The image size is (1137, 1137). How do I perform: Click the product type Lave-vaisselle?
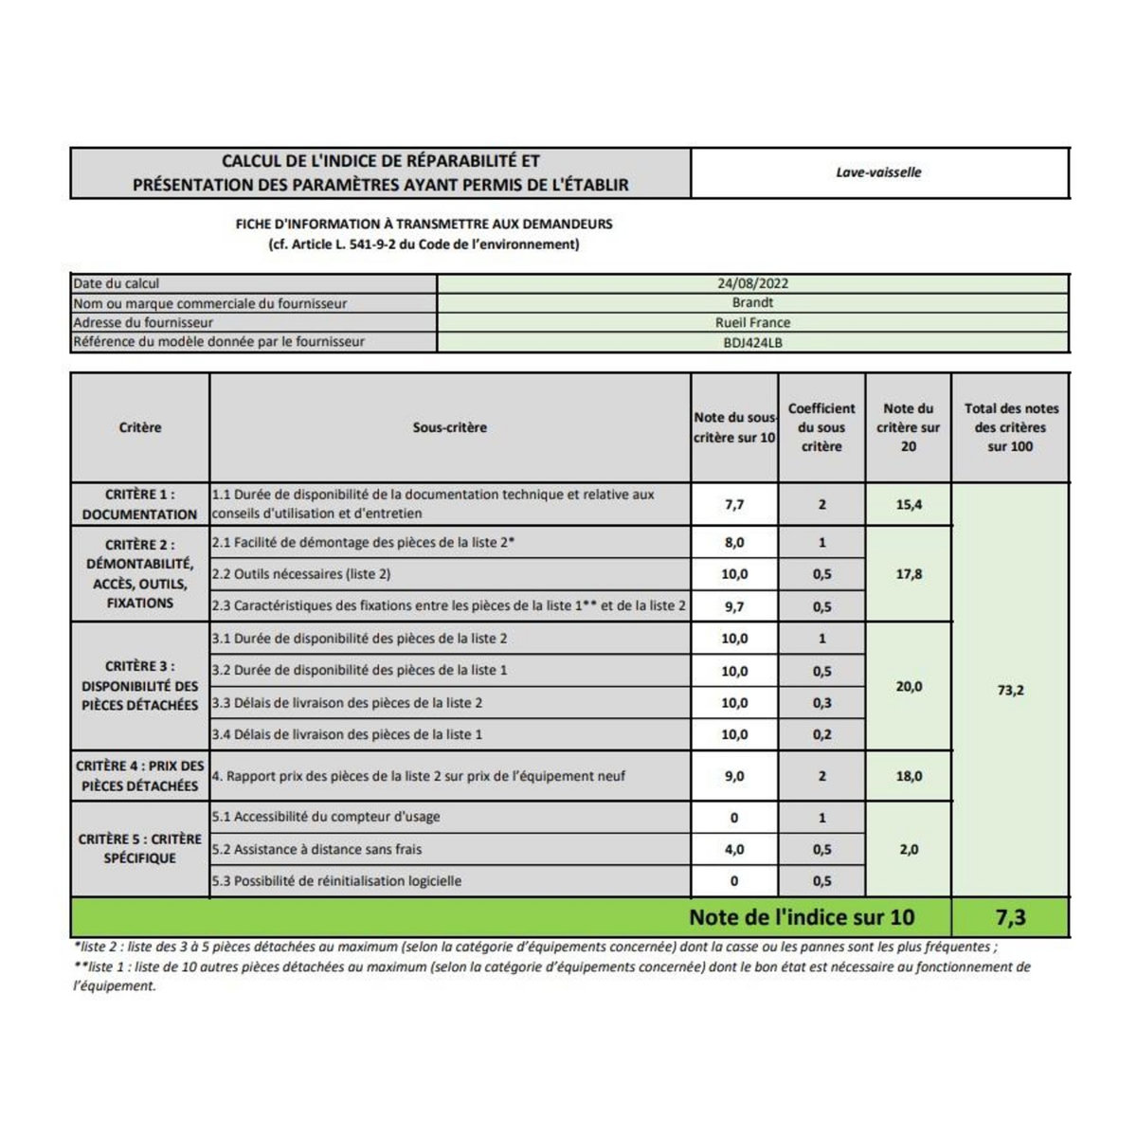(878, 172)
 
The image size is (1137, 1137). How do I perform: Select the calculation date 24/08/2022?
(752, 283)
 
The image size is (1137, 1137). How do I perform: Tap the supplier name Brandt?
(752, 303)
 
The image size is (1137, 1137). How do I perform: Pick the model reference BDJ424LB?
(752, 343)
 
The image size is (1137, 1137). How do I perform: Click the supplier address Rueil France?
(752, 323)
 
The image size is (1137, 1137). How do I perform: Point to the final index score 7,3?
(1010, 917)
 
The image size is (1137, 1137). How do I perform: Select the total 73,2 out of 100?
(1010, 691)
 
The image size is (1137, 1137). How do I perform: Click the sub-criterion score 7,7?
(734, 505)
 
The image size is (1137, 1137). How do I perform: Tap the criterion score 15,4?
(908, 505)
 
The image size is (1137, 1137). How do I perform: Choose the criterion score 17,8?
(908, 574)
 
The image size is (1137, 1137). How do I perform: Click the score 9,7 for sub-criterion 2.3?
(734, 606)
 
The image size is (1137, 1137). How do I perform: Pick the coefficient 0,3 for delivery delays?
(821, 703)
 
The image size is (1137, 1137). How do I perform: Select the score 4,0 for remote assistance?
(734, 850)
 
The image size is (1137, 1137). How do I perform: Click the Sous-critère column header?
(450, 428)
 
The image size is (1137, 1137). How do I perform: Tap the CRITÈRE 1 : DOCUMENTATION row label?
(140, 505)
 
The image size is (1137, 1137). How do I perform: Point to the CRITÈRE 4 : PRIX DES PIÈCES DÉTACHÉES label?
(140, 776)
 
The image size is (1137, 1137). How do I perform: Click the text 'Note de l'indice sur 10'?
(802, 917)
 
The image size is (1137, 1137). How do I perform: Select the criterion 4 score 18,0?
(908, 776)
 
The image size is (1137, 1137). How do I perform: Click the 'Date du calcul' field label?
(117, 283)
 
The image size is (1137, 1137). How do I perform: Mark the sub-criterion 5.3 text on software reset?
(336, 881)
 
